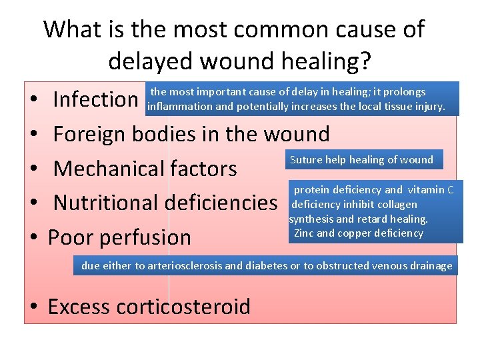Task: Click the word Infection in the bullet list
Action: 95,100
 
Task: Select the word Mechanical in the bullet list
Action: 109,169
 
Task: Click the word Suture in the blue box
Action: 305,160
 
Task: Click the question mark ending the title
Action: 364,61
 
